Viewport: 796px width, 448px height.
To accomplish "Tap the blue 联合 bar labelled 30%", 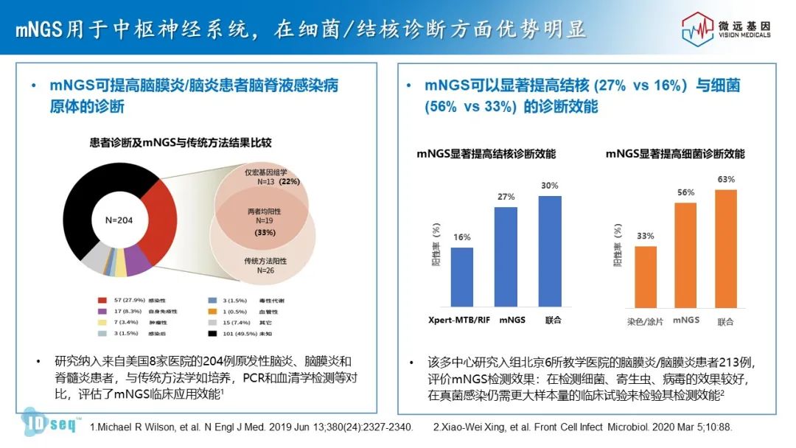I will [x=550, y=251].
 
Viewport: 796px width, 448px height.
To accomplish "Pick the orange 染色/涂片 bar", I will [x=646, y=276].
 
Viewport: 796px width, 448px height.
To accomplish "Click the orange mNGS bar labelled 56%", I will [x=685, y=254].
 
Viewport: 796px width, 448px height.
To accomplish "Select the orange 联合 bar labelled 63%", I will [x=726, y=248].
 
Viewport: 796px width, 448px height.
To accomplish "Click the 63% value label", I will [x=726, y=179].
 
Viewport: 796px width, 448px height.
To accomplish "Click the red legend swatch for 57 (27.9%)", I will [x=102, y=301].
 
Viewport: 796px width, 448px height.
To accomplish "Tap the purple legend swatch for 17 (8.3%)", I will [x=102, y=312].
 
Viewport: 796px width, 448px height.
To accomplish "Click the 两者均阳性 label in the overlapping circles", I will [x=264, y=211].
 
